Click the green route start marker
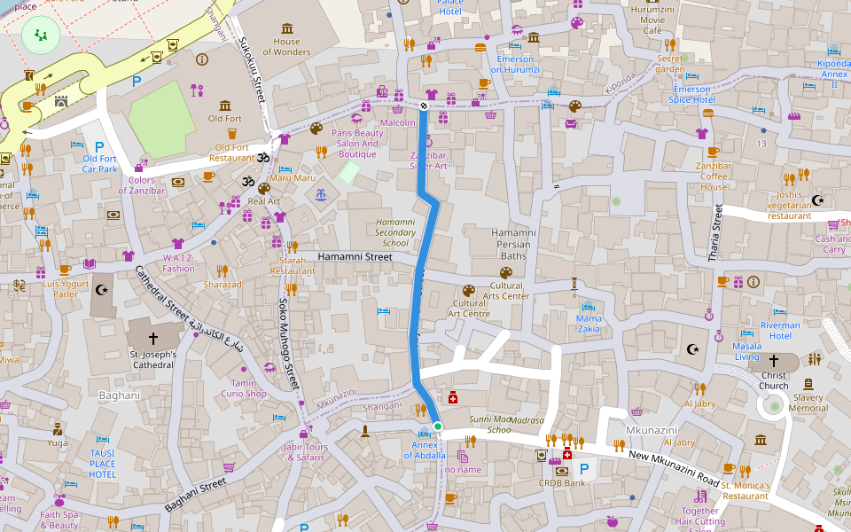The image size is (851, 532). pyautogui.click(x=438, y=426)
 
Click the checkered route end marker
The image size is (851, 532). pyautogui.click(x=424, y=106)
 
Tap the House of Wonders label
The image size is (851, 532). pyautogui.click(x=286, y=47)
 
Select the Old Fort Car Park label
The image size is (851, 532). pyautogui.click(x=100, y=164)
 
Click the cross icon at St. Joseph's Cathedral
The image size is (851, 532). pyautogui.click(x=152, y=338)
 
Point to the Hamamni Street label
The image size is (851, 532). pyautogui.click(x=355, y=257)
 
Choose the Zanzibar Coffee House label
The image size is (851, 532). pyautogui.click(x=713, y=176)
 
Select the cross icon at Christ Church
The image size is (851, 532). pyautogui.click(x=773, y=361)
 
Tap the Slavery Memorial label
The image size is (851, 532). pyautogui.click(x=808, y=403)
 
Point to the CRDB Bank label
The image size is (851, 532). pyautogui.click(x=562, y=483)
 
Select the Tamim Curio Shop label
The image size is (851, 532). pyautogui.click(x=243, y=388)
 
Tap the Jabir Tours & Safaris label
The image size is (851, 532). pyautogui.click(x=305, y=452)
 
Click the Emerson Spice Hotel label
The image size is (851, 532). pyautogui.click(x=692, y=95)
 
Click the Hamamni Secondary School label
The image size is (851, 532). pyautogui.click(x=395, y=232)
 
